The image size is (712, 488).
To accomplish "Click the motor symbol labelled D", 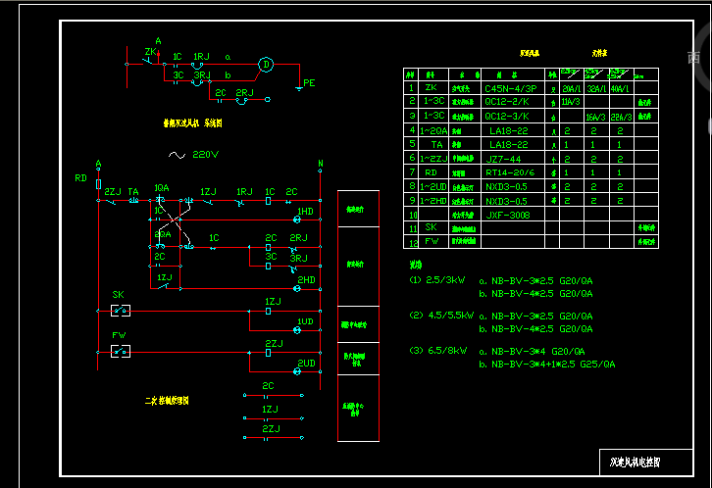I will point(264,66).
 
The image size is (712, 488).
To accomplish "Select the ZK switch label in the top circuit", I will point(150,51).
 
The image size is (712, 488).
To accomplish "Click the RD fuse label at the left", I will point(81,178).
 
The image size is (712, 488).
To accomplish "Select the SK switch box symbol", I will point(121,311).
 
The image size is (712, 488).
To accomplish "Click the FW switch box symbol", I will point(121,351).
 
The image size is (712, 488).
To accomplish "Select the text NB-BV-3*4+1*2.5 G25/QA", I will point(546,364).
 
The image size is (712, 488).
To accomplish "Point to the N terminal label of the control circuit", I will point(320,164).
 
